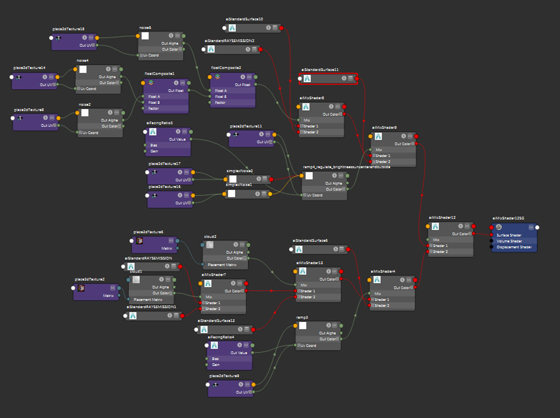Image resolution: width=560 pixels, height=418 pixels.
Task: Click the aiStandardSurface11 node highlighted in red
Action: [x=328, y=79]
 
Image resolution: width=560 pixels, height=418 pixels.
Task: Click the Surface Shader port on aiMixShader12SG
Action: [x=492, y=235]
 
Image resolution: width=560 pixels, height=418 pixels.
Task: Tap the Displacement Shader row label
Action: [x=514, y=247]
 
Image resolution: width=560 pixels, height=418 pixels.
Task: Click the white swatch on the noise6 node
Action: [x=145, y=36]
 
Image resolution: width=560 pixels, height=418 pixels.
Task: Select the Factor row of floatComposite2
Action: [x=220, y=103]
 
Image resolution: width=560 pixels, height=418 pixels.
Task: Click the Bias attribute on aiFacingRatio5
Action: [x=154, y=145]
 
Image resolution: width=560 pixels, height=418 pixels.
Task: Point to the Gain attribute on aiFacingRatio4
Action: [x=215, y=365]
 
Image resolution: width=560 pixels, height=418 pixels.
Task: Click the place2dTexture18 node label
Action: [x=68, y=29]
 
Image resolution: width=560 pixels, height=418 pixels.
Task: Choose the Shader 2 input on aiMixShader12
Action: [x=439, y=252]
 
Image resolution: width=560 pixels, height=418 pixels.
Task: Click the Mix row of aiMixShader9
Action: [x=379, y=150]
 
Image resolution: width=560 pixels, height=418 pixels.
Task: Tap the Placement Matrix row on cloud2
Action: [x=222, y=265]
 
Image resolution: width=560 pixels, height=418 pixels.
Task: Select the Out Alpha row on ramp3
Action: [x=327, y=333]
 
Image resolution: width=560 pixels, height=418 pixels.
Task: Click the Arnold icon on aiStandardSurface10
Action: [x=232, y=28]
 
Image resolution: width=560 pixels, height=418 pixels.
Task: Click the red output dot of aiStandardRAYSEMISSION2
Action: [x=260, y=49]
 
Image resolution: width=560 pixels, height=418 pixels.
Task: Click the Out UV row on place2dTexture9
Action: [x=243, y=392]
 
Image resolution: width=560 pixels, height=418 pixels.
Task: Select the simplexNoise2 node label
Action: [x=239, y=171]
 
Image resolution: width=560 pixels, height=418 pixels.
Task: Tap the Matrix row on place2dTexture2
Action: [x=108, y=295]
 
